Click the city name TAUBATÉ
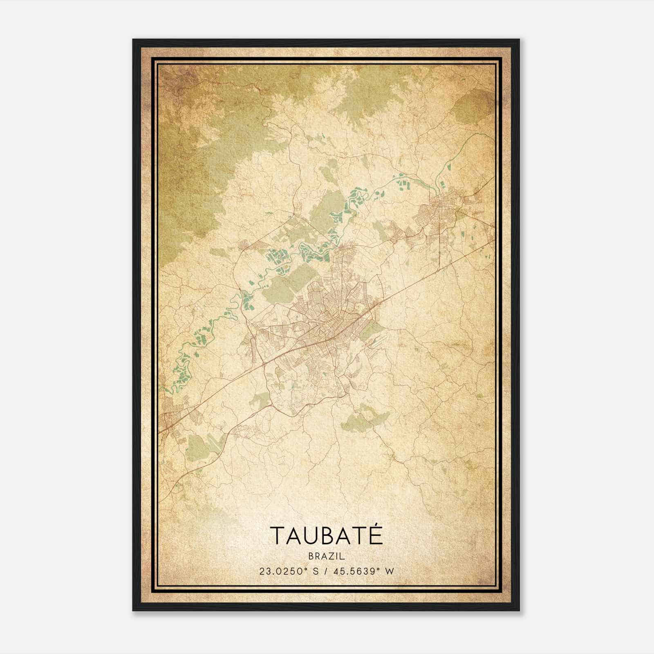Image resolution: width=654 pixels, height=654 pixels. (326, 535)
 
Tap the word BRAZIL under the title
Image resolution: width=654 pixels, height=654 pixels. (327, 556)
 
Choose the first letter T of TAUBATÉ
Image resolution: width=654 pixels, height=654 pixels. (276, 535)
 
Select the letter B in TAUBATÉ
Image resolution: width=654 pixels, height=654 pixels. (328, 535)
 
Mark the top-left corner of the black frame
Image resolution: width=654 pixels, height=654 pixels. (133, 40)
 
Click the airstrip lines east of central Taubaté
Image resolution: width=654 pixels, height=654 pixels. (378, 343)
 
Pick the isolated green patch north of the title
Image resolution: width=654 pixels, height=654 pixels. (364, 419)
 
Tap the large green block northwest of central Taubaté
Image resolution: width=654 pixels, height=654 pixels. (282, 282)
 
